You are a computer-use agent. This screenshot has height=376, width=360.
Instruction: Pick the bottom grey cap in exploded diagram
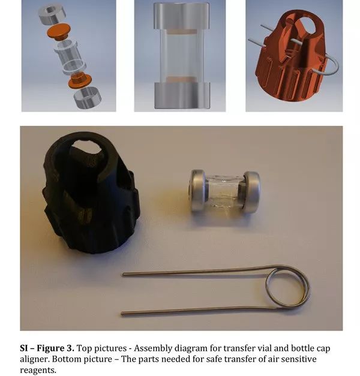tap(86, 97)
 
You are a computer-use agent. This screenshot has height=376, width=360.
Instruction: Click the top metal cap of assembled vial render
tap(181, 16)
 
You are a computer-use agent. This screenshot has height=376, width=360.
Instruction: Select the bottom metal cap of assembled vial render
tap(182, 95)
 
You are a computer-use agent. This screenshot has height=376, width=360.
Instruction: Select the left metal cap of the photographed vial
tap(199, 191)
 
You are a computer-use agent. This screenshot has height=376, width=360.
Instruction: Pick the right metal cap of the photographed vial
tap(251, 192)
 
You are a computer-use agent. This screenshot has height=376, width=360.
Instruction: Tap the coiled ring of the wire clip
tap(288, 286)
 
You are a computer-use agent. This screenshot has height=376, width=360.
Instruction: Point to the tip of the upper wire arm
tap(123, 275)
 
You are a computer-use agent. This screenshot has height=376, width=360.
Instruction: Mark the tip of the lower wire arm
tap(122, 314)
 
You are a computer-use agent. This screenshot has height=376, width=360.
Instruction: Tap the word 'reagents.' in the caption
tap(38, 371)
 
